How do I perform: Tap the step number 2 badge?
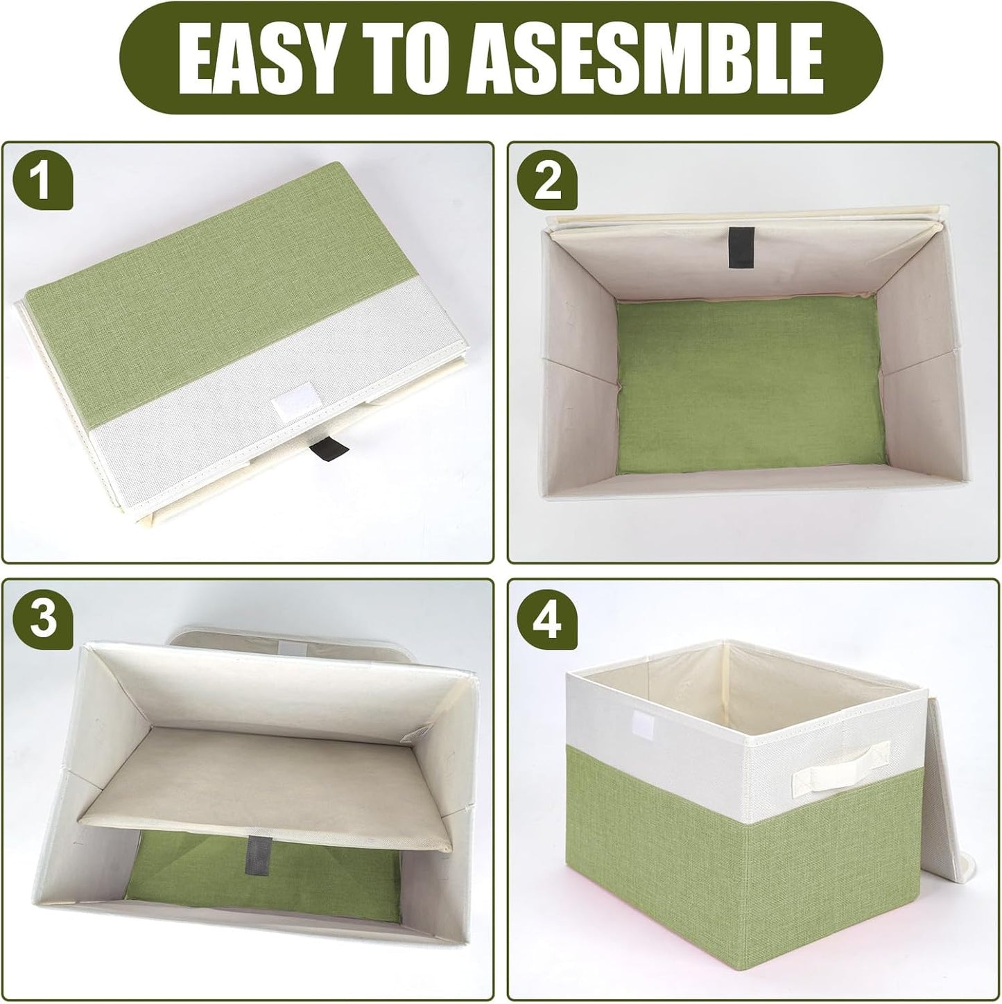pyautogui.click(x=548, y=182)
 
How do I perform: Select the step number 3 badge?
pyautogui.click(x=44, y=619)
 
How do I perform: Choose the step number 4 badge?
pyautogui.click(x=548, y=619)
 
